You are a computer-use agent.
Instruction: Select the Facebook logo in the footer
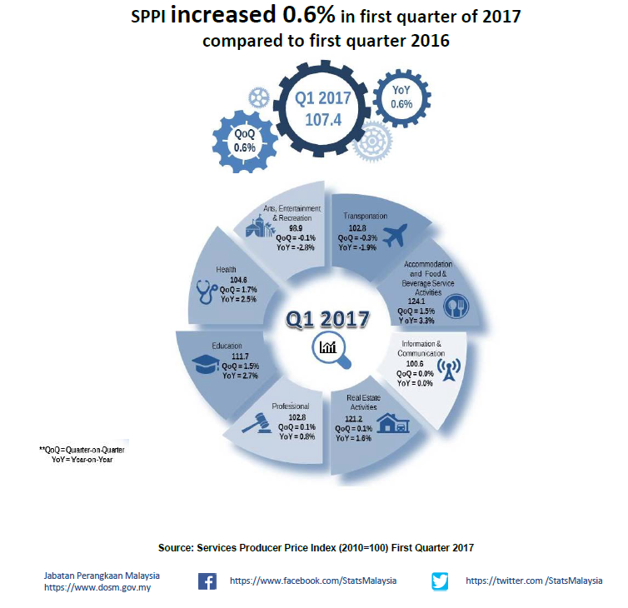[207, 581]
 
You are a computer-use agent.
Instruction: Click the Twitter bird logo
[441, 581]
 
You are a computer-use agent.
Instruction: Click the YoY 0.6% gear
[401, 98]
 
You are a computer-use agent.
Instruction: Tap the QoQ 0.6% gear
[244, 140]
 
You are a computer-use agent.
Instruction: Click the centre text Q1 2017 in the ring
[327, 320]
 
